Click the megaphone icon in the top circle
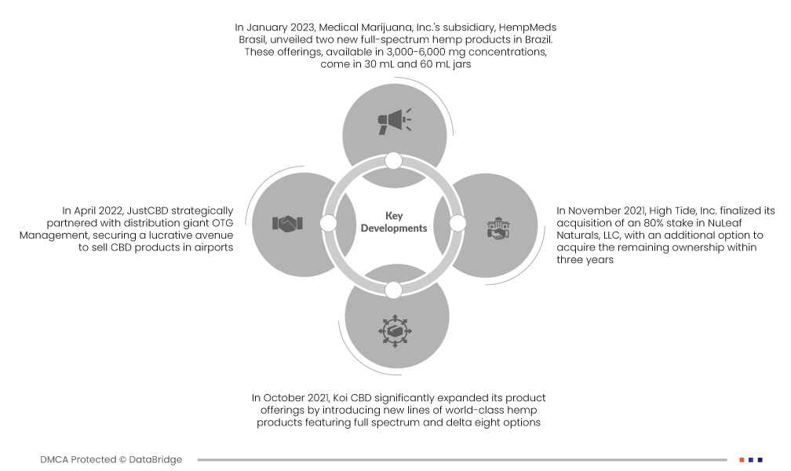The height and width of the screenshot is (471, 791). pyautogui.click(x=394, y=121)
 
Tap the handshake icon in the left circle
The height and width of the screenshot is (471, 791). pyautogui.click(x=287, y=224)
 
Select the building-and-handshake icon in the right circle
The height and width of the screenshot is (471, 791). pyautogui.click(x=498, y=230)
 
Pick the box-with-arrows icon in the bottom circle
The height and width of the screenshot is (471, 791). pyautogui.click(x=394, y=330)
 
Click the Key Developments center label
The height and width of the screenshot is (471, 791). pyautogui.click(x=394, y=221)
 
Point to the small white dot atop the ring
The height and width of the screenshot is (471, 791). pyautogui.click(x=394, y=161)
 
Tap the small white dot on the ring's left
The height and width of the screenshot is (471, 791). pyautogui.click(x=329, y=224)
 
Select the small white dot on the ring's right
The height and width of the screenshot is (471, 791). pyautogui.click(x=459, y=224)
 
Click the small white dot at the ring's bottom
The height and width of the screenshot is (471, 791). pyautogui.click(x=394, y=290)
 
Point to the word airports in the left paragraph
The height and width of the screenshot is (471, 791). pyautogui.click(x=212, y=248)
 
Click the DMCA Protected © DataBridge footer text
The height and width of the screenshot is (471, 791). pyautogui.click(x=111, y=459)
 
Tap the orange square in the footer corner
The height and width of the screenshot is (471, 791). pyautogui.click(x=741, y=459)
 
